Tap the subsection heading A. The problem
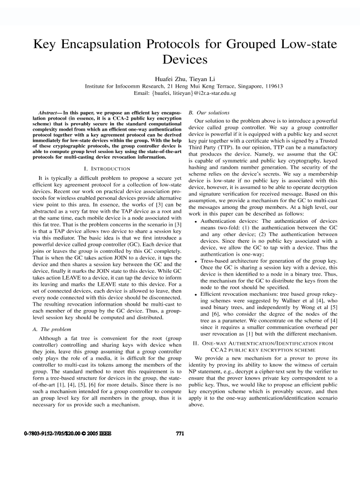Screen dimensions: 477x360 [48, 330]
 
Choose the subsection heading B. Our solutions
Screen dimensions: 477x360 [203, 113]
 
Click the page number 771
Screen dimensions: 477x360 [180, 434]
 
